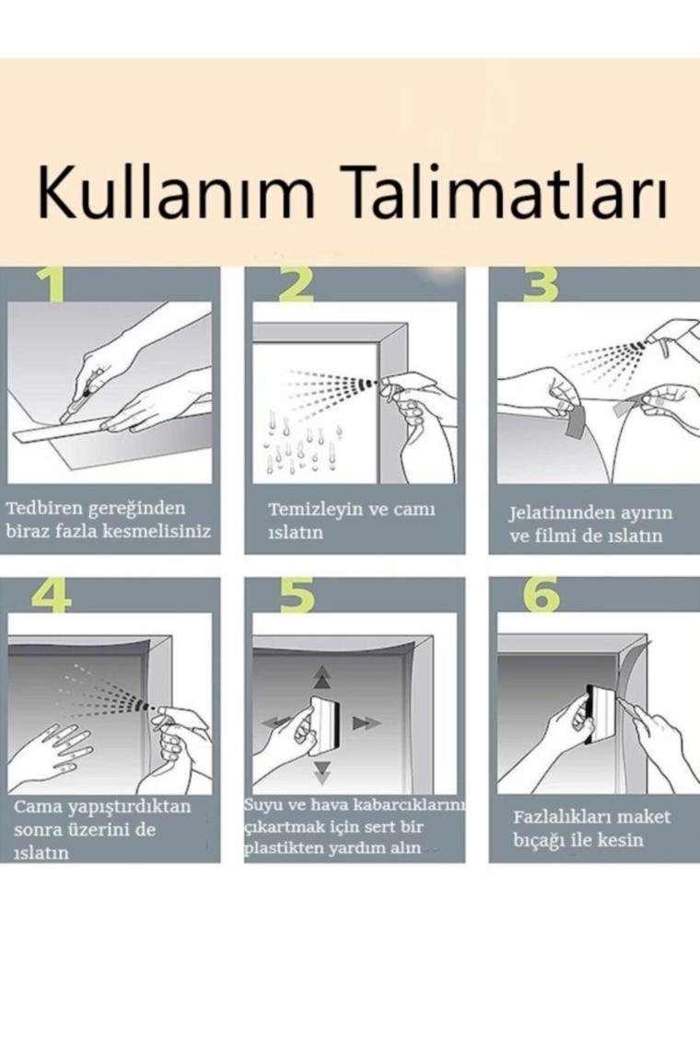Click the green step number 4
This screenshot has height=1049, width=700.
coord(51,595)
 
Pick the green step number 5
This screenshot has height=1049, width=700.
coord(297,595)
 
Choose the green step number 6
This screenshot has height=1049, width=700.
coord(542,595)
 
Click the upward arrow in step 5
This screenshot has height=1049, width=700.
coord(323,676)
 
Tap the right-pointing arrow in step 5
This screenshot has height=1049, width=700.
coord(366,722)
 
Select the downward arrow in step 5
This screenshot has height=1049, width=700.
coord(323,772)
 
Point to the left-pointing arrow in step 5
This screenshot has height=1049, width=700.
coord(276,722)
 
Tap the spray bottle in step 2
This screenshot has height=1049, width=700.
coord(409,392)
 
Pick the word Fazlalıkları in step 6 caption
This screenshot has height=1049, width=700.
coord(561,817)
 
